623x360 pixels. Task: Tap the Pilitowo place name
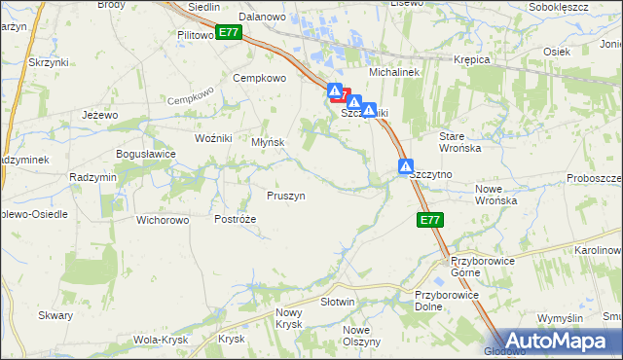coord(196,35)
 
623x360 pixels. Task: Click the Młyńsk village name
coord(268,142)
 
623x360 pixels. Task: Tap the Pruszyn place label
coord(286,196)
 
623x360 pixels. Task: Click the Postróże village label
coord(236,220)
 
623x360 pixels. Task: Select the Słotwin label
coord(337,302)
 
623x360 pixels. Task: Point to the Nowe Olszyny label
coord(361,336)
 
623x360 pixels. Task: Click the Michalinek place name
coord(391,73)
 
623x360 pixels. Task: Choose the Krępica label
coord(472,59)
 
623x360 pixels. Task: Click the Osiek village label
coord(556,52)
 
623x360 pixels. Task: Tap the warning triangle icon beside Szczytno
coord(405,167)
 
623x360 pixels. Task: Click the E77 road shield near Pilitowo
coord(229,32)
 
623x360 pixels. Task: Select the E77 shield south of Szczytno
coord(431,221)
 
